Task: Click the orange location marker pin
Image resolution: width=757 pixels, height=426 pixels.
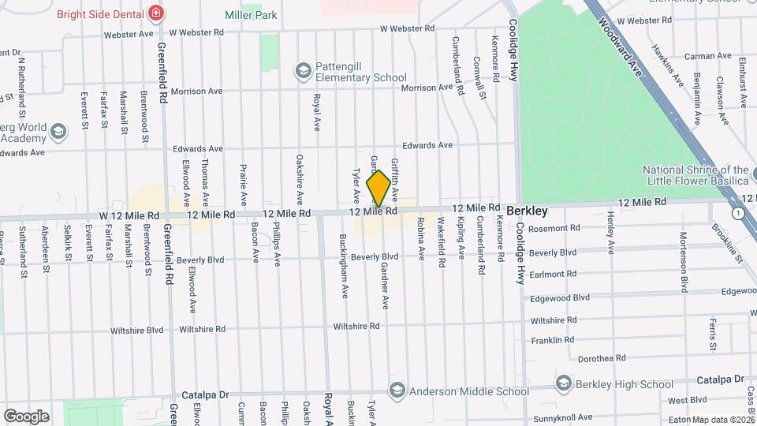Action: [378, 189]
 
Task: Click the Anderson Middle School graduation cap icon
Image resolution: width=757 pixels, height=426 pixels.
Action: [397, 391]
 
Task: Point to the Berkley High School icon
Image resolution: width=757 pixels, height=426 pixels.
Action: [563, 384]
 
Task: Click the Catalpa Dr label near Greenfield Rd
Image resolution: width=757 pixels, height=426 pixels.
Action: [205, 394]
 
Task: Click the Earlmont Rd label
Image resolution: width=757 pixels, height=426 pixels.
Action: [553, 274]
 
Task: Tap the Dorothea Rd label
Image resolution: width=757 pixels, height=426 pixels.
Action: [602, 357]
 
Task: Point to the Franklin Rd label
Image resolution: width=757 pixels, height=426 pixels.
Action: [553, 340]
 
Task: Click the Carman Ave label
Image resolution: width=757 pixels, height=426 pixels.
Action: [708, 56]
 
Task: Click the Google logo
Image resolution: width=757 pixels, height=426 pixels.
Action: [25, 417]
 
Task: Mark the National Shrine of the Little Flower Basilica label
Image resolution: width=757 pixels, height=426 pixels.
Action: [695, 175]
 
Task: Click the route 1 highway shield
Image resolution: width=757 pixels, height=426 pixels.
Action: [736, 214]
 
